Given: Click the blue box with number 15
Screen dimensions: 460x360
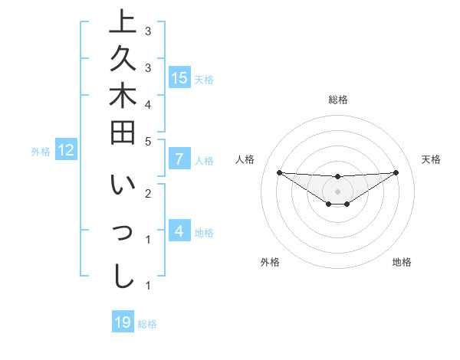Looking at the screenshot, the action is (179, 77).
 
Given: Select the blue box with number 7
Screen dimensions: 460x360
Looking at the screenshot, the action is (179, 159).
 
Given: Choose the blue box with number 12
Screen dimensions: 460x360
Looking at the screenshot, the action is (66, 150).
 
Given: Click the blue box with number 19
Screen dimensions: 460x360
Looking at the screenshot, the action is (123, 322).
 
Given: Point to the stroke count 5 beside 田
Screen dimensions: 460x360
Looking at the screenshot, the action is (148, 141).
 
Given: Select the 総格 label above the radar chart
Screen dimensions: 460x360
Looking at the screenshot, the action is (338, 100).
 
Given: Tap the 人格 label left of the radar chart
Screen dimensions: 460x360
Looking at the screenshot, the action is (245, 159).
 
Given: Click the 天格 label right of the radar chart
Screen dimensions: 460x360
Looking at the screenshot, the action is (432, 159).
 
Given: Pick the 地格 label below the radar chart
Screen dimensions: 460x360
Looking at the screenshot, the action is (402, 262).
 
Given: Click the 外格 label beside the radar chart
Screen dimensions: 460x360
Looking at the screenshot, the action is (270, 262).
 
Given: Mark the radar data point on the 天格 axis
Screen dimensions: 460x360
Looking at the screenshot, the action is (396, 172).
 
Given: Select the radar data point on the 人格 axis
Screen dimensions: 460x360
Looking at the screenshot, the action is (279, 172).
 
